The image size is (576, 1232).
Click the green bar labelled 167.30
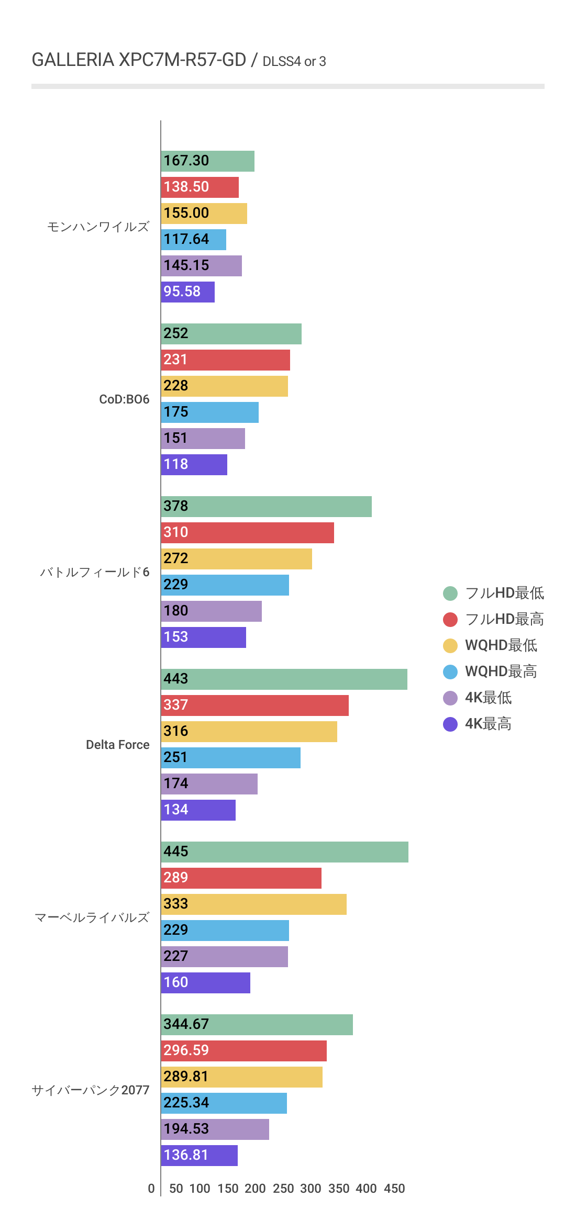(207, 161)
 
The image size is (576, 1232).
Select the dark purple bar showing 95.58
(187, 292)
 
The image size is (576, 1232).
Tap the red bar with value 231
(225, 360)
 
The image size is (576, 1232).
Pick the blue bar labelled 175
(209, 412)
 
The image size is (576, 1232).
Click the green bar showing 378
(266, 507)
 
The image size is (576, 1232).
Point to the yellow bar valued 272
(236, 559)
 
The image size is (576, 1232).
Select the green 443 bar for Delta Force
(284, 679)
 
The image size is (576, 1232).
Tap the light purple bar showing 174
(209, 784)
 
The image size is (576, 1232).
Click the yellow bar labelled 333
(253, 904)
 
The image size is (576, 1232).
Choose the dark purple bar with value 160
(205, 983)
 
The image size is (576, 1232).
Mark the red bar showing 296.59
(243, 1051)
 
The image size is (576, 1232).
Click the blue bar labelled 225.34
(224, 1103)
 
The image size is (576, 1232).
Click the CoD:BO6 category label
(124, 399)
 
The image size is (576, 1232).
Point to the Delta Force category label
(117, 745)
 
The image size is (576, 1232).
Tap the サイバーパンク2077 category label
(91, 1090)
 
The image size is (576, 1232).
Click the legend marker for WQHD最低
(450, 646)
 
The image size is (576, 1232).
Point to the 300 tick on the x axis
(311, 1189)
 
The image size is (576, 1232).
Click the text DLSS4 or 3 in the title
(294, 62)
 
